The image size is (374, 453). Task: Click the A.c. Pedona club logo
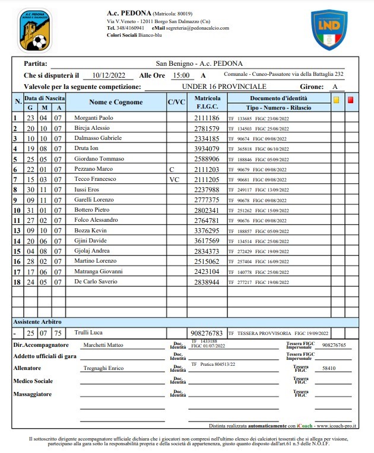35,30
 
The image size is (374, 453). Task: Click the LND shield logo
329,30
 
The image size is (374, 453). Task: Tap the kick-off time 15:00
180,76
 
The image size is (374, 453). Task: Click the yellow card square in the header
337,100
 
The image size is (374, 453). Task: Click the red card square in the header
350,100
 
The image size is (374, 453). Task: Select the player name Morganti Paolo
93,118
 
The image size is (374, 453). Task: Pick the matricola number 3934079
207,148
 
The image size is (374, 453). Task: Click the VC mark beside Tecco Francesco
174,179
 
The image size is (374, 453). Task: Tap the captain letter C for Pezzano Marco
172,169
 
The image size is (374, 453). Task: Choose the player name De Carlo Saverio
96,281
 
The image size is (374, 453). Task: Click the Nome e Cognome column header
116,102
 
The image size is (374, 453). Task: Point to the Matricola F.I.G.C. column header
207,102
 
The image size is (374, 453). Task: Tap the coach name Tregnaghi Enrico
103,368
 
